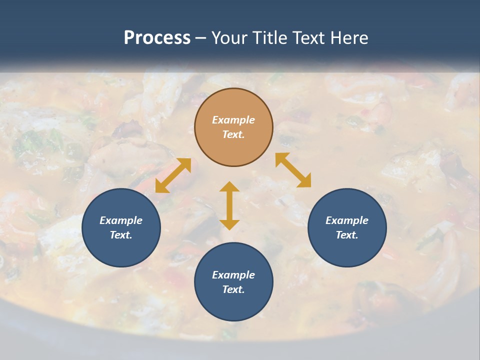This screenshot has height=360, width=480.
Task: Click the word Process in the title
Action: [157, 38]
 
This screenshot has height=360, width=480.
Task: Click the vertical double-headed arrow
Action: [229, 205]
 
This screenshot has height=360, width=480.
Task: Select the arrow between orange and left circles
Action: [173, 175]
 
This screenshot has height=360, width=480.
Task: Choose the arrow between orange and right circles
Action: [293, 170]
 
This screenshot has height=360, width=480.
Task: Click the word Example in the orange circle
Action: [233, 120]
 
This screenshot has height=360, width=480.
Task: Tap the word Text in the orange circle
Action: [233, 134]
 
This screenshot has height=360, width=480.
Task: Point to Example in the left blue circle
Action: [121, 220]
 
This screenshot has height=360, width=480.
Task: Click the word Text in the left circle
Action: [121, 235]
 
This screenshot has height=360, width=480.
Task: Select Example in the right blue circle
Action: [347, 220]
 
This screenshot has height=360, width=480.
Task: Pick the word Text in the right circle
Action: [347, 235]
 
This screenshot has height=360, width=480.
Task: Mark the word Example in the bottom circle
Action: [233, 275]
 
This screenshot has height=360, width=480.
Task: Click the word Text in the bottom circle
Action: [233, 289]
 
